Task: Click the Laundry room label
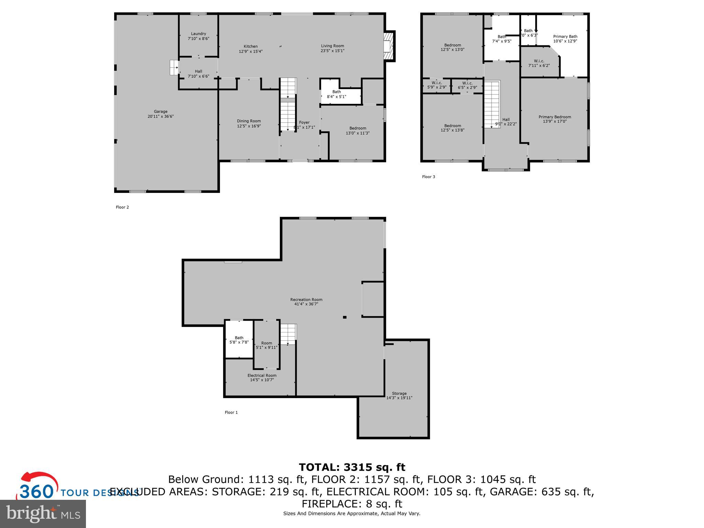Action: (x=198, y=34)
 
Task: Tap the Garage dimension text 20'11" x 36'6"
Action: (x=161, y=116)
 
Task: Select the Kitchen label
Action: (x=251, y=46)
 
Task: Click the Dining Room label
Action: (x=249, y=121)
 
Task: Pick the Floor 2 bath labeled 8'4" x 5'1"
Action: (x=337, y=94)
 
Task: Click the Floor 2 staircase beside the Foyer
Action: (x=288, y=105)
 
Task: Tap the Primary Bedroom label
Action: (x=555, y=117)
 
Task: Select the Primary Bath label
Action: (x=565, y=36)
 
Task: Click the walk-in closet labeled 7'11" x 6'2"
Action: (x=539, y=63)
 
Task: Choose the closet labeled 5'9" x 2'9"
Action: (x=437, y=85)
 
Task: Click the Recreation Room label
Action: (x=306, y=299)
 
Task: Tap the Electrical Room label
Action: (x=262, y=375)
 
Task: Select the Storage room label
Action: (x=399, y=393)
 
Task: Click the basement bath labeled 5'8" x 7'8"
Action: (x=239, y=340)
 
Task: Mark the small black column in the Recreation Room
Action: (x=344, y=317)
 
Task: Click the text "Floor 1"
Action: (x=231, y=412)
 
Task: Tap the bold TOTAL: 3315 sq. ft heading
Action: (x=352, y=467)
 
